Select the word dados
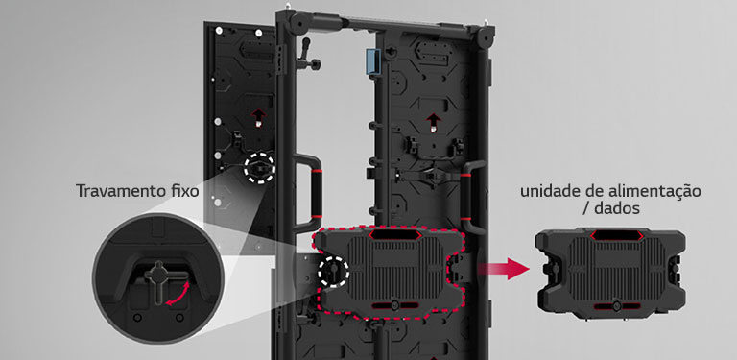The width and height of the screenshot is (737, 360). point(617,208)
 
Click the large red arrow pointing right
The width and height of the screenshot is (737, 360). point(504,270)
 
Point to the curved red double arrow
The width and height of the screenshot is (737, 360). point(178,294)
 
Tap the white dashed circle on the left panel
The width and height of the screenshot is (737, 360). point(259,168)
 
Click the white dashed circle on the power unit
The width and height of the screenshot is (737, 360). point(333,271)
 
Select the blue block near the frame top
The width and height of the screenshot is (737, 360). point(372,61)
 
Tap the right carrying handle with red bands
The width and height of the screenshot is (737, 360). point(471,197)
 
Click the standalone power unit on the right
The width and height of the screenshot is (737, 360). point(610,274)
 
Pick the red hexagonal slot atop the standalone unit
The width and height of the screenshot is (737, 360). point(617,235)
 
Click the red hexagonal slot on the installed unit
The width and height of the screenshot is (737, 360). point(394,234)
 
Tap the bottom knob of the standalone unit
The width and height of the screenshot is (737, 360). point(617,306)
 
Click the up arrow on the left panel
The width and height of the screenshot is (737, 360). point(258,116)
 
